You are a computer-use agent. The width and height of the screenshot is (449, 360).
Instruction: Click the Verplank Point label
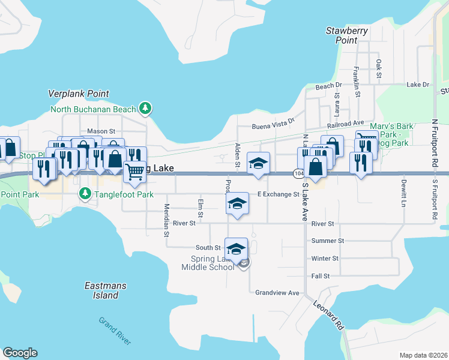click(x=79, y=94)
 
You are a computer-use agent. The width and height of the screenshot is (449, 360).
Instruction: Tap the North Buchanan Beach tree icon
click(x=145, y=109)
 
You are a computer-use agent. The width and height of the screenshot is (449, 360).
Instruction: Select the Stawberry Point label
click(x=346, y=35)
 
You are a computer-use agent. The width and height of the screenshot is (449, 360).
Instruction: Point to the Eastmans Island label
click(x=106, y=290)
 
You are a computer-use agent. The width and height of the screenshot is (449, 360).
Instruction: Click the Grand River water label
click(x=115, y=331)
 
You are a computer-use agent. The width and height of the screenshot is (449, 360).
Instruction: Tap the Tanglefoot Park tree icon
click(x=85, y=193)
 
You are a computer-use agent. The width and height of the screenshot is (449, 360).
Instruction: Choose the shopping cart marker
click(x=136, y=171)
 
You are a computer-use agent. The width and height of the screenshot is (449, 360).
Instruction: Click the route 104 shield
click(x=298, y=173)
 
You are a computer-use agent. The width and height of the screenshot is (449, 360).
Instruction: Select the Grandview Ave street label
click(x=277, y=293)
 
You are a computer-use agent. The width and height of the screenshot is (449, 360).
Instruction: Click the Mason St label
click(x=101, y=131)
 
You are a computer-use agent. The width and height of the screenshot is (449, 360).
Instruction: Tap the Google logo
click(x=20, y=353)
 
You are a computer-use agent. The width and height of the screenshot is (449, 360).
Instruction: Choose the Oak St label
click(x=379, y=68)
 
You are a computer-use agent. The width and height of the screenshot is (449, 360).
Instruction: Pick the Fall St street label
click(x=321, y=276)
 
